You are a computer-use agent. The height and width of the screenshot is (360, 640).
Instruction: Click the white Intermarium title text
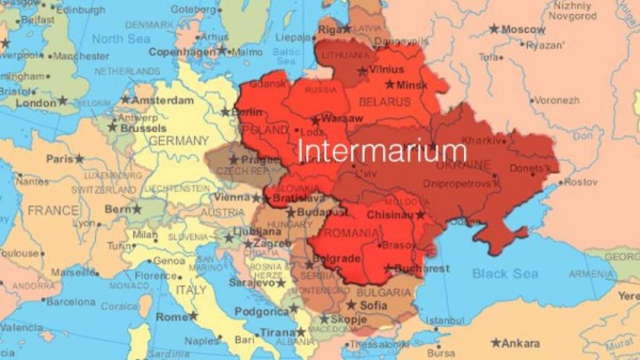pos(382,151)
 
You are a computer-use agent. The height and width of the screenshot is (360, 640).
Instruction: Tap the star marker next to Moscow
pos(494,28)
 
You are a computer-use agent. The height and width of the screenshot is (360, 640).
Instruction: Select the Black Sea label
pos(505,274)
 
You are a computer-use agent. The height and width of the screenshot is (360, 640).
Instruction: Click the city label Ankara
pos(521,343)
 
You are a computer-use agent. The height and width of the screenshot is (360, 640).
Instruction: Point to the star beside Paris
pos(79,158)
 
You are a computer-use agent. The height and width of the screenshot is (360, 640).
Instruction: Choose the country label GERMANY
pos(179,141)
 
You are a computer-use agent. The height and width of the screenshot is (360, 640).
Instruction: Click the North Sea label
pos(114,38)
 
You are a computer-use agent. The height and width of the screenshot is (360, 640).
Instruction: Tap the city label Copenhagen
pos(181,52)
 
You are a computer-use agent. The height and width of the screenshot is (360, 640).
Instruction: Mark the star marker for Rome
pos(193,316)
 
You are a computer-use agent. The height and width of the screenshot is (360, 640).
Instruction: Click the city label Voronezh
pos(557,100)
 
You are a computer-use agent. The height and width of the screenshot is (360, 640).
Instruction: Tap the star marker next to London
pos(63,100)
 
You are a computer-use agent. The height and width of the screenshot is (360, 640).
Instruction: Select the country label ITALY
pos(190,290)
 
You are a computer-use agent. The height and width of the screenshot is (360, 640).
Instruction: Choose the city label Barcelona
pos(70,301)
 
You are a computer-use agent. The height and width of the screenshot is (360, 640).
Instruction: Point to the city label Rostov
pos(581,182)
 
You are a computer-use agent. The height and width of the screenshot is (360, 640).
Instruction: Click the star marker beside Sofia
pos(351,305)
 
